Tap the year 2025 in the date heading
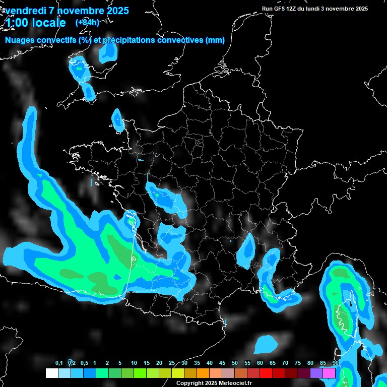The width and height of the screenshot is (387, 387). (x=117, y=11)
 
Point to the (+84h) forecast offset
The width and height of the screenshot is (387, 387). (x=87, y=22)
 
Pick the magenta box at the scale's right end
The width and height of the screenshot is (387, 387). (x=329, y=373)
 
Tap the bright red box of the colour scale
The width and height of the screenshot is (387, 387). (x=266, y=373)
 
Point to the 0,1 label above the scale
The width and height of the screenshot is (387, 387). (x=59, y=363)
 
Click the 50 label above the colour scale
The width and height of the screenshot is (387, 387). (x=235, y=363)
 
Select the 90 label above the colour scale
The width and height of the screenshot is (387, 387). (x=336, y=363)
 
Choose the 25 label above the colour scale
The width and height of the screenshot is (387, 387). (x=172, y=363)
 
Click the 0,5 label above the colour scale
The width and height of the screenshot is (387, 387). (x=84, y=363)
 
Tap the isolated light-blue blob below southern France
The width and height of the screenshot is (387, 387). (x=266, y=345)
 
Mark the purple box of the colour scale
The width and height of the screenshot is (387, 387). (x=316, y=373)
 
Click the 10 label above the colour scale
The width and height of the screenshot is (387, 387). (x=134, y=363)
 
